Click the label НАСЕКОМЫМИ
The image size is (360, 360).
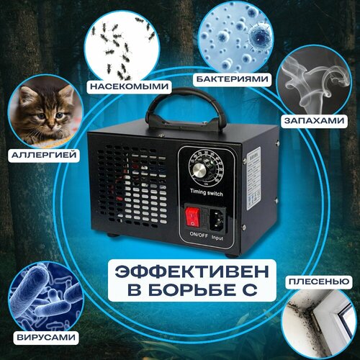[130, 87]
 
